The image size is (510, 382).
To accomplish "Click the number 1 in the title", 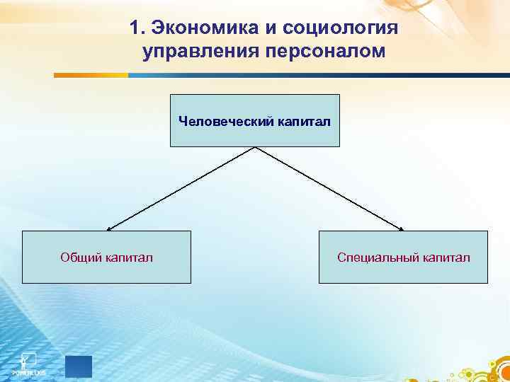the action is (x=136, y=28).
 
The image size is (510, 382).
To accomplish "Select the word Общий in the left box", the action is (x=80, y=257).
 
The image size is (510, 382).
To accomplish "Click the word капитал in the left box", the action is (x=129, y=257).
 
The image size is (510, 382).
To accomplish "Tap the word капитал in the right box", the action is (x=447, y=257).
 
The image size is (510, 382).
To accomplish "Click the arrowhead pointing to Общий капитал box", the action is (x=108, y=228).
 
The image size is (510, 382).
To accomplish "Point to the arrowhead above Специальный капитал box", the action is (x=401, y=228).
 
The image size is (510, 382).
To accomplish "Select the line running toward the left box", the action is (x=181, y=188).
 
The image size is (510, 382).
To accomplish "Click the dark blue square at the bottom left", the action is (x=79, y=366).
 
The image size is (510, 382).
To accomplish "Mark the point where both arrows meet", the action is (x=255, y=147).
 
